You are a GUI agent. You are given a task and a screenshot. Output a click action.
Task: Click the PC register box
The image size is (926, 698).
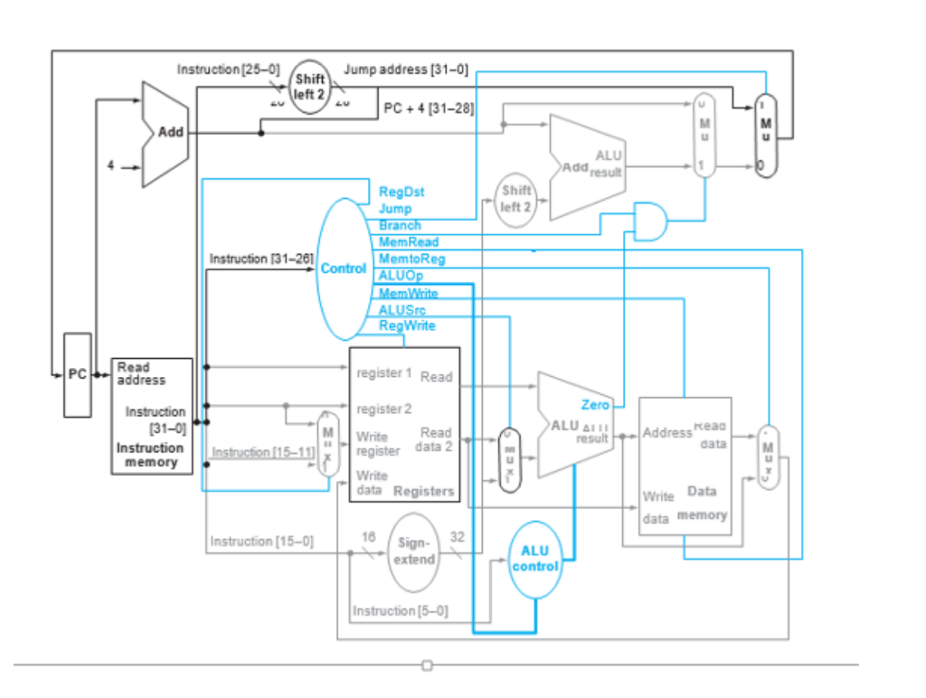77,374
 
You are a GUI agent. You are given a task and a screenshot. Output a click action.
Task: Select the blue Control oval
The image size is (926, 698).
344,269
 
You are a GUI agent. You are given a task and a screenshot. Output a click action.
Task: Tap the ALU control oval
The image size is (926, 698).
535,559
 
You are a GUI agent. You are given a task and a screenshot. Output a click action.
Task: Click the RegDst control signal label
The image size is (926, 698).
402,192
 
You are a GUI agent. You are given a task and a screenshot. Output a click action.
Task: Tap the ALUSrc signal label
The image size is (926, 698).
402,309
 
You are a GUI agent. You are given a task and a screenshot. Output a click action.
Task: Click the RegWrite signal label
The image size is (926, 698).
407,325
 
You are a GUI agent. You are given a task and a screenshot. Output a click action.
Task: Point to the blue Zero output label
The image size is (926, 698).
595,405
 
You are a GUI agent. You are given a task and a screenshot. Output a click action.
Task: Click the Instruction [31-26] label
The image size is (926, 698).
261,259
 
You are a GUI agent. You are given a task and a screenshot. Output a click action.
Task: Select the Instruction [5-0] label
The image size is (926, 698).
400,611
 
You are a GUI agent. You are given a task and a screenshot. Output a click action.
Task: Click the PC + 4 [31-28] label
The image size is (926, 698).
429,108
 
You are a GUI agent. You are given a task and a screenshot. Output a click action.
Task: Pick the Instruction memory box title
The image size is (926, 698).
150,455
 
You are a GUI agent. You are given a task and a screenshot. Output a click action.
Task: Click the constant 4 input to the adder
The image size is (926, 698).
110,166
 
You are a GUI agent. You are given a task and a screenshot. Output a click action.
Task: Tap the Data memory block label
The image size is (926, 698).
702,503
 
